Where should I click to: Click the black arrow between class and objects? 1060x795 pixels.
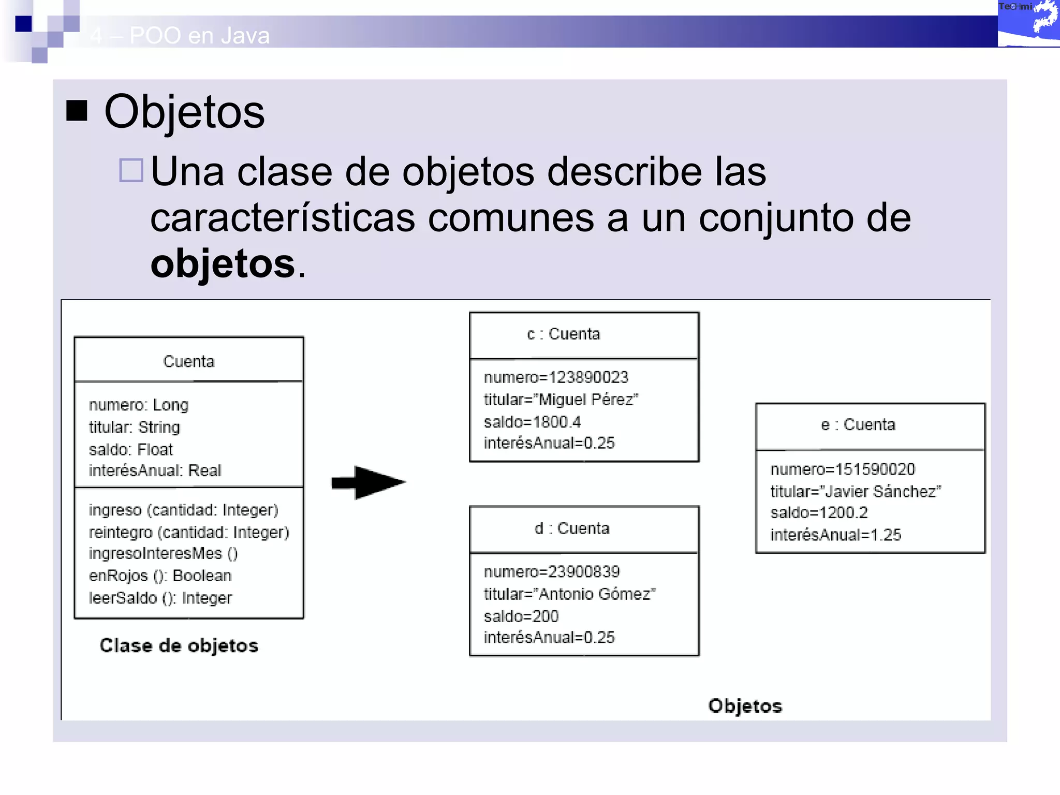click(x=369, y=482)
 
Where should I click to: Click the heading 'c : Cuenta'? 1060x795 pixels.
click(x=563, y=334)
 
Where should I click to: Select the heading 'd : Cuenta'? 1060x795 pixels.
click(x=571, y=528)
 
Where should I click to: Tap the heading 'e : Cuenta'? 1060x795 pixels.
click(x=858, y=425)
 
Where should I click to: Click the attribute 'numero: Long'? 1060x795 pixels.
click(x=139, y=405)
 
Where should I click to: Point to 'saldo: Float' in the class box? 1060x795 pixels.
click(x=130, y=449)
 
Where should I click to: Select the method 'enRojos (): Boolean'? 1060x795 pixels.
click(x=160, y=576)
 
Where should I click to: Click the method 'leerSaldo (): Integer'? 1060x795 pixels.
click(x=160, y=598)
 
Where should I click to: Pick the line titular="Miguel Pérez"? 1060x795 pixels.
click(x=561, y=400)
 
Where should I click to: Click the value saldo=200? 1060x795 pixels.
click(x=521, y=616)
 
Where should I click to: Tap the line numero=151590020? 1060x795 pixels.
click(x=842, y=469)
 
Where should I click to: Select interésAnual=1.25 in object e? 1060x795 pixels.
click(x=835, y=535)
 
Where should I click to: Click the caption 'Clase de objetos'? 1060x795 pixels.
click(x=179, y=645)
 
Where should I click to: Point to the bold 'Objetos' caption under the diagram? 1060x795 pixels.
click(x=745, y=706)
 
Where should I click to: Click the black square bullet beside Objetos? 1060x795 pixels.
click(x=77, y=110)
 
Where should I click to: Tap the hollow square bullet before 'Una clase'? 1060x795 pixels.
click(x=131, y=170)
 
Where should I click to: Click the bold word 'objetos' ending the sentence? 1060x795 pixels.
click(x=223, y=264)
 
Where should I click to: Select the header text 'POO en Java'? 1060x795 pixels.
click(x=199, y=36)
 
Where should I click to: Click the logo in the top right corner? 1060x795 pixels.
click(x=1028, y=23)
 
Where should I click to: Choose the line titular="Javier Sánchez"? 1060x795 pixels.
click(x=855, y=491)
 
